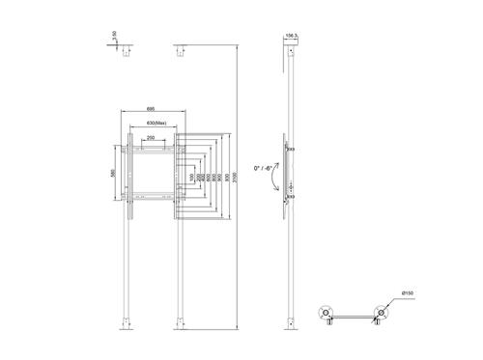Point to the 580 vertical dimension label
coord(115,173)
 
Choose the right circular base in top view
coord(384,313)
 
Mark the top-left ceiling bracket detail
coord(126,53)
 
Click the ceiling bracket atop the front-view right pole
coord(179,53)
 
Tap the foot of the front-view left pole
coord(126,323)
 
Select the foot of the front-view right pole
coord(179,323)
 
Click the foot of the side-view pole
coord(290,323)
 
